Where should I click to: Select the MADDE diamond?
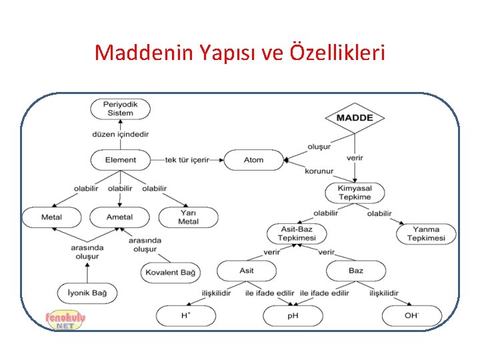pyautogui.click(x=354, y=118)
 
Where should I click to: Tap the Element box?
pyautogui.click(x=120, y=159)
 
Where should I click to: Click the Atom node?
pyautogui.click(x=253, y=159)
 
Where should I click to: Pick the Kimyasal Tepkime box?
pyautogui.click(x=354, y=193)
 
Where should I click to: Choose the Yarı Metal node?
pyautogui.click(x=188, y=217)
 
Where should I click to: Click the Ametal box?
pyautogui.click(x=119, y=217)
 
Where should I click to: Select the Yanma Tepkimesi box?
pyautogui.click(x=426, y=234)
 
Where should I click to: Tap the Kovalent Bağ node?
pyautogui.click(x=170, y=272)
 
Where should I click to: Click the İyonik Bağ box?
pyautogui.click(x=87, y=292)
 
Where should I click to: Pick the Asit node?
pyautogui.click(x=247, y=271)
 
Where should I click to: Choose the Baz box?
pyautogui.click(x=356, y=271)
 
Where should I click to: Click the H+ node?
pyautogui.click(x=185, y=315)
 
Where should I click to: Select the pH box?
pyautogui.click(x=293, y=315)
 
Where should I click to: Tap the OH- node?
pyautogui.click(x=411, y=315)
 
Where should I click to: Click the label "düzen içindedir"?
pyautogui.click(x=120, y=134)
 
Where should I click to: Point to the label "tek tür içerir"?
pyautogui.click(x=187, y=160)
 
